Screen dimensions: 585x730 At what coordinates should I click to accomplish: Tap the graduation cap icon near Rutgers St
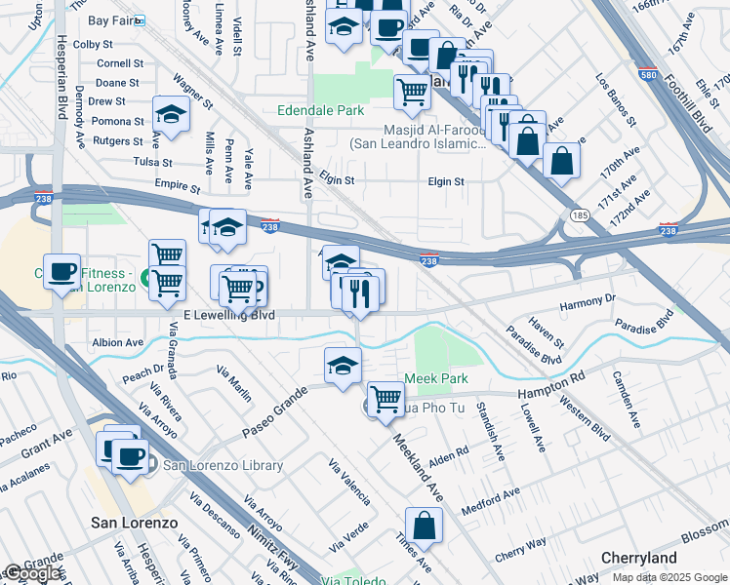(x=172, y=116)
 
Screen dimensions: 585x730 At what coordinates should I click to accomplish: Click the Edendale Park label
(x=320, y=111)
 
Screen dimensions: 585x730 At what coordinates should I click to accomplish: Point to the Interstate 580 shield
(x=647, y=74)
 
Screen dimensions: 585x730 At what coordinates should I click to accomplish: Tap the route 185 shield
(x=580, y=214)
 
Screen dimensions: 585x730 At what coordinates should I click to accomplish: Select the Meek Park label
(x=436, y=378)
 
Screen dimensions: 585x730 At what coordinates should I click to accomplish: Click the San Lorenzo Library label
(x=223, y=466)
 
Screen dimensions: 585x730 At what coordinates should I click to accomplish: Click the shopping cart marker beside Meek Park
(x=386, y=398)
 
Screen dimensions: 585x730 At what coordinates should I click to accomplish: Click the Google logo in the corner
(x=32, y=573)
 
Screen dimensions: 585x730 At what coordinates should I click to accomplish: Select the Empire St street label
(x=177, y=182)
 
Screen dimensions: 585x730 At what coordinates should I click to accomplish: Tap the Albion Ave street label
(x=117, y=343)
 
